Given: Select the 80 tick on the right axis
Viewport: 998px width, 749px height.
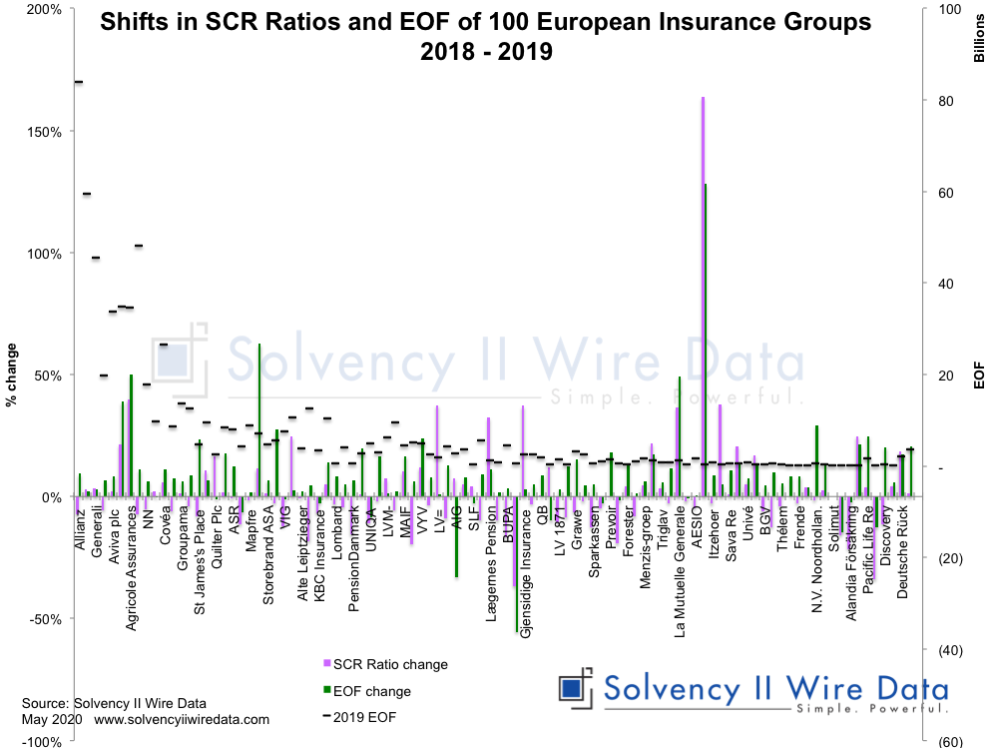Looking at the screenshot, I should coord(938,101).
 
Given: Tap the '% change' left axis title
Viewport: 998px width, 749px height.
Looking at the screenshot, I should coord(13,375).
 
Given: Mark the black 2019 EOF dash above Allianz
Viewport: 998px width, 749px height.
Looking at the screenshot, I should coord(78,82).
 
